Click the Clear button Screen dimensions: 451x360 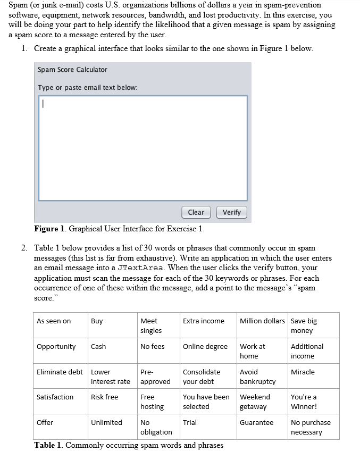click(x=196, y=212)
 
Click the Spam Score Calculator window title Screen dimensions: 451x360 click(x=72, y=70)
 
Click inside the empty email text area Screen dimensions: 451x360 click(x=143, y=148)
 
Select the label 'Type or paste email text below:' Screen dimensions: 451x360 click(x=87, y=87)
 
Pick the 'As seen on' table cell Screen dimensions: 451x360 click(x=54, y=321)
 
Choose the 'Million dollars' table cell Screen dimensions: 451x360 click(x=262, y=321)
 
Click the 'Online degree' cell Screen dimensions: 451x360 click(x=205, y=346)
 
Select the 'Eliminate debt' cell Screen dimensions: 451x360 click(x=58, y=372)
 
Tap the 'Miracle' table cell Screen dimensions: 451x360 click(x=303, y=372)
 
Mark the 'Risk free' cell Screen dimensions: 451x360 click(x=105, y=397)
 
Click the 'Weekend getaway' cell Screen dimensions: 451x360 click(x=255, y=402)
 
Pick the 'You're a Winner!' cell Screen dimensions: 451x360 click(x=304, y=402)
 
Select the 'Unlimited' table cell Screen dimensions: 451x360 click(x=106, y=422)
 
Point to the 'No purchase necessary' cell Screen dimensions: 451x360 click(x=311, y=427)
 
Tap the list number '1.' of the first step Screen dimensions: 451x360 click(x=25, y=48)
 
